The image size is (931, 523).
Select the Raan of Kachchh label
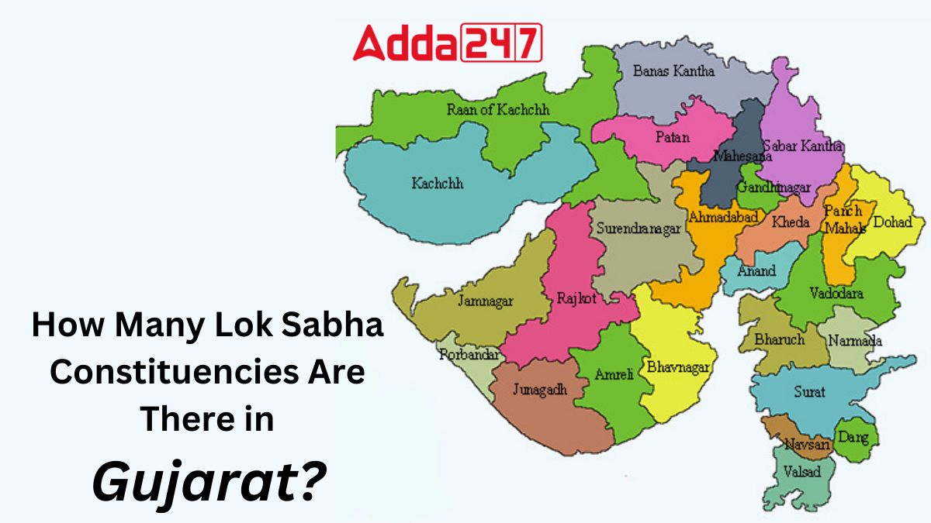(497, 110)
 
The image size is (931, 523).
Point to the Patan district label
(672, 137)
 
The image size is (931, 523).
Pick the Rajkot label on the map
(576, 298)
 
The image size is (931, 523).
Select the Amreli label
(614, 374)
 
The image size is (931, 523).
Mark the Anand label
(756, 271)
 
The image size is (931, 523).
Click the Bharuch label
(779, 339)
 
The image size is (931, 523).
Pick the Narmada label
(855, 341)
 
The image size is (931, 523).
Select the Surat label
(809, 392)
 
